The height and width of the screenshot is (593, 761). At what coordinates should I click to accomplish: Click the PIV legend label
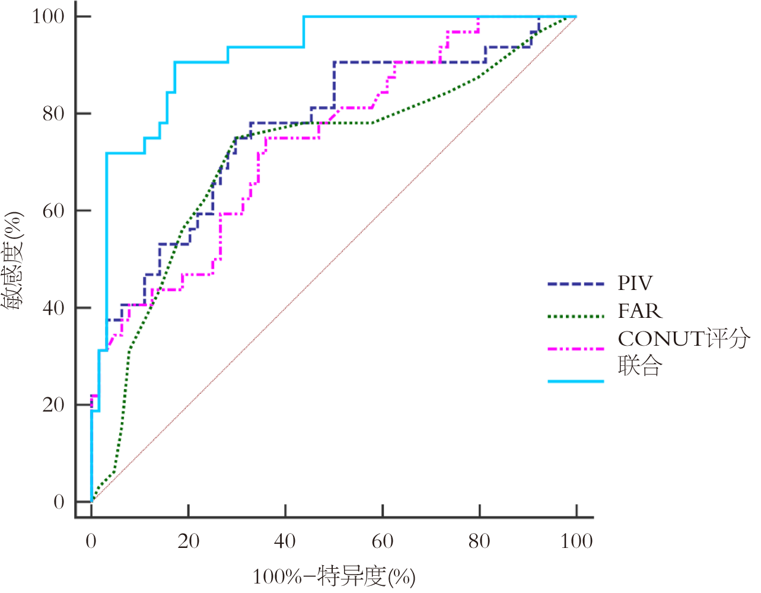tap(635, 283)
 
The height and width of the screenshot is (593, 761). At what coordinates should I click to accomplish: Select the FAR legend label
tap(639, 311)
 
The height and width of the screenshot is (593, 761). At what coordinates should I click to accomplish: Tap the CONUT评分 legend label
tap(683, 339)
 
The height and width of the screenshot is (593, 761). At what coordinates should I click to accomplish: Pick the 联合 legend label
tap(639, 366)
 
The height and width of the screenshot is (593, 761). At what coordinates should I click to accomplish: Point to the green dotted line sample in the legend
tap(575, 316)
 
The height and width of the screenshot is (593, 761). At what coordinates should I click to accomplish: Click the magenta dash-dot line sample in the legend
tap(575, 349)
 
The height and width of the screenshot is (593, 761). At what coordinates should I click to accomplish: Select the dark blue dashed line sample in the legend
tap(575, 285)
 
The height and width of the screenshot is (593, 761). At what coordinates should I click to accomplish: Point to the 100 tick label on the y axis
tap(48, 16)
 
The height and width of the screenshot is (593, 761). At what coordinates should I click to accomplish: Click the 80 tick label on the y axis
tap(53, 113)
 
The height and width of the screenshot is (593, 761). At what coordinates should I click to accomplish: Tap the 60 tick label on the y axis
tap(53, 211)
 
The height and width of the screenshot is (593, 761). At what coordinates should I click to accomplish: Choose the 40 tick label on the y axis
tap(53, 308)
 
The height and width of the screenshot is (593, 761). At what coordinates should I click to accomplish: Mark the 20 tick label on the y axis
tap(53, 405)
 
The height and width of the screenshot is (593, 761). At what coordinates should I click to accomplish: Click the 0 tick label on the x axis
tap(91, 541)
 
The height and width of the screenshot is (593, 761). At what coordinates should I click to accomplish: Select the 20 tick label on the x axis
tap(188, 541)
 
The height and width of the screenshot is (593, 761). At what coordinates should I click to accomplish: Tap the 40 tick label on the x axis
tap(285, 541)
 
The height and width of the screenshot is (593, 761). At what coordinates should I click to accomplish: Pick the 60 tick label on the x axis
tap(383, 541)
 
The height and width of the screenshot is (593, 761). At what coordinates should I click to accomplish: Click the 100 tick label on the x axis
tap(576, 541)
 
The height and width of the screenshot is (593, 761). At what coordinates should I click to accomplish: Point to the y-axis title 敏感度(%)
tap(13, 261)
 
